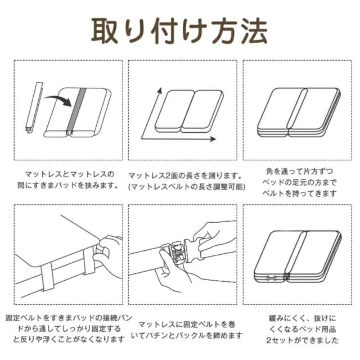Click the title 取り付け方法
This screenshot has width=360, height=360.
coord(179,31)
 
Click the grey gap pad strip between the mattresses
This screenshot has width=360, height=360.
coord(76,110)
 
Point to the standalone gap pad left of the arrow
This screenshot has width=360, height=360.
coord(34,107)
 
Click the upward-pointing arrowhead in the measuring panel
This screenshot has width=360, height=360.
coord(159,91)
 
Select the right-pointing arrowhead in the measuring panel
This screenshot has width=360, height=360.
coord(213,139)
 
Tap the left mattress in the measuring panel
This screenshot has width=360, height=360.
coord(175,111)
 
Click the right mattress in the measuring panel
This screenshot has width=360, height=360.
coord(202,111)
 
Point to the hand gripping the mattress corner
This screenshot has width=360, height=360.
coord(107,253)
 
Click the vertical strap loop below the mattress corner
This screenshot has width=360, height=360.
coord(47,278)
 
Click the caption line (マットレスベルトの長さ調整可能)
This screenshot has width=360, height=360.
coord(186,187)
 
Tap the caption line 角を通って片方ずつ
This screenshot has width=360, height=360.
coord(299,171)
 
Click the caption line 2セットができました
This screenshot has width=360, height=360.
coord(302,340)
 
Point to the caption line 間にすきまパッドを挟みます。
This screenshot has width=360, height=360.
coord(68,185)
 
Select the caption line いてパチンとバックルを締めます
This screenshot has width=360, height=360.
coord(187,336)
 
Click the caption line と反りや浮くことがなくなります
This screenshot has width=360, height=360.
coord(69,339)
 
